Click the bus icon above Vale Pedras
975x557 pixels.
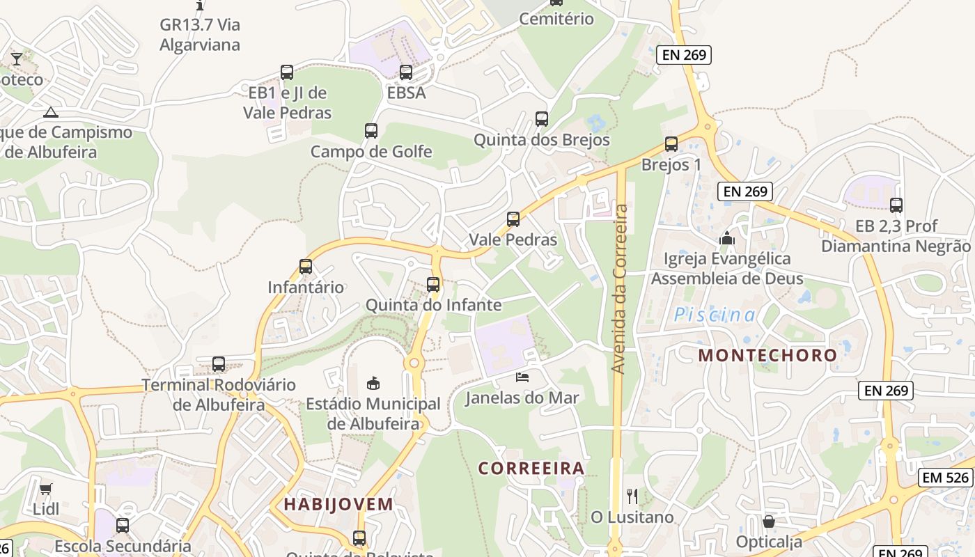pos(513,219)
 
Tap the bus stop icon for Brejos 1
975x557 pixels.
pos(671,144)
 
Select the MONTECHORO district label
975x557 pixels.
pos(767,355)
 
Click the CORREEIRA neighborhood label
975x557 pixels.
pos(531,468)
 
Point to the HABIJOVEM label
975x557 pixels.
pos(338,504)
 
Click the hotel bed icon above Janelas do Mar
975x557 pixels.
pos(522,377)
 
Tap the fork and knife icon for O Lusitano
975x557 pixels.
pos(632,496)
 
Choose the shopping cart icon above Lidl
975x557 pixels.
pos(46,489)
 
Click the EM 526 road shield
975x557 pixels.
pos(945,477)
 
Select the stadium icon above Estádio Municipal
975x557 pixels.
pos(373,383)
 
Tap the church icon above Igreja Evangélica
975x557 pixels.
pos(727,239)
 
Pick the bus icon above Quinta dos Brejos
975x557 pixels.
pos(542,119)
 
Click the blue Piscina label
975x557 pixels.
pos(715,315)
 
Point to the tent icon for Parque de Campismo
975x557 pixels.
pos(50,112)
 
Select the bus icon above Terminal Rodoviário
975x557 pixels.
pos(219,364)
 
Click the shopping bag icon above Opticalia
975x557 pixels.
pos(769,521)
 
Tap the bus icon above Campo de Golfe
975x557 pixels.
pos(371,131)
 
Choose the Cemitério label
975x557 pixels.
pos(556,19)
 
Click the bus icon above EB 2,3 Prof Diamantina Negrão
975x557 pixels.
pos(896,205)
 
